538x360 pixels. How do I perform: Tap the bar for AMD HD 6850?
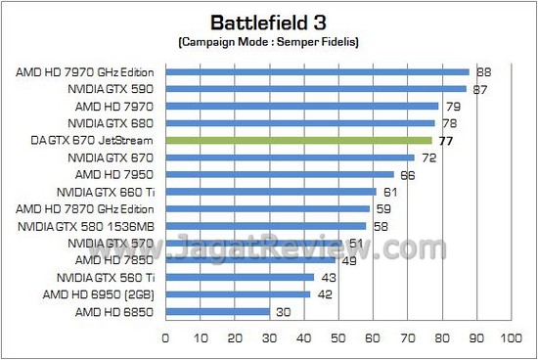click(217, 311)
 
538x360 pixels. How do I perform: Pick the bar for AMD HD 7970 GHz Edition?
click(317, 71)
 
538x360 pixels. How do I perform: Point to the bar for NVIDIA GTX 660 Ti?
click(270, 192)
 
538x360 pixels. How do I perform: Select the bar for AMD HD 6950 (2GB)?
click(238, 293)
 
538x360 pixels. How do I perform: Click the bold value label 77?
click(444, 141)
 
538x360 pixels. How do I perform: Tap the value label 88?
click(482, 71)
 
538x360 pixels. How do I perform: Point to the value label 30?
click(282, 311)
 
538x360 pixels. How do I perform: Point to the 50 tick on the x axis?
click(337, 338)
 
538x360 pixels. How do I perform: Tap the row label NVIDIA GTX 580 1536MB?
click(89, 225)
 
